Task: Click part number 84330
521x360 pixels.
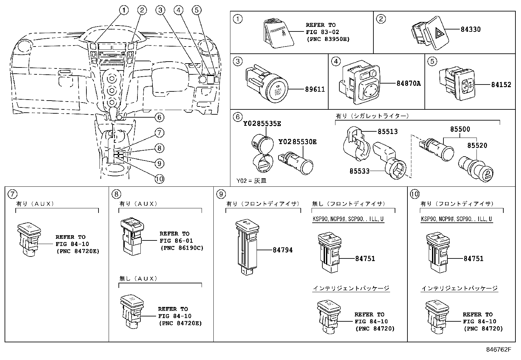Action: coord(471,29)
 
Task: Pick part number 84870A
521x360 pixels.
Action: coord(408,84)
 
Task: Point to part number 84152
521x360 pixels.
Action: coord(501,85)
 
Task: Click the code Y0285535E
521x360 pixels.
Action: coord(262,124)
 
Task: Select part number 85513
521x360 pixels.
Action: coord(387,132)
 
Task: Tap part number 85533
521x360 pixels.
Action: coord(359,171)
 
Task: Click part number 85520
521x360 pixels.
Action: coord(477,145)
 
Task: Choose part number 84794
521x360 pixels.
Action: coord(282,250)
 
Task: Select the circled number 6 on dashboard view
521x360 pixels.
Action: coord(159,117)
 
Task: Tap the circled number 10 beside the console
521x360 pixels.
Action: coord(159,179)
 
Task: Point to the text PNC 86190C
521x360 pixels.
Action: coord(182,248)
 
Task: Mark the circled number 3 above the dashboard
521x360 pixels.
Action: coord(160,10)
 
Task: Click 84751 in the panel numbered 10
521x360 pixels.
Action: coord(473,258)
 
